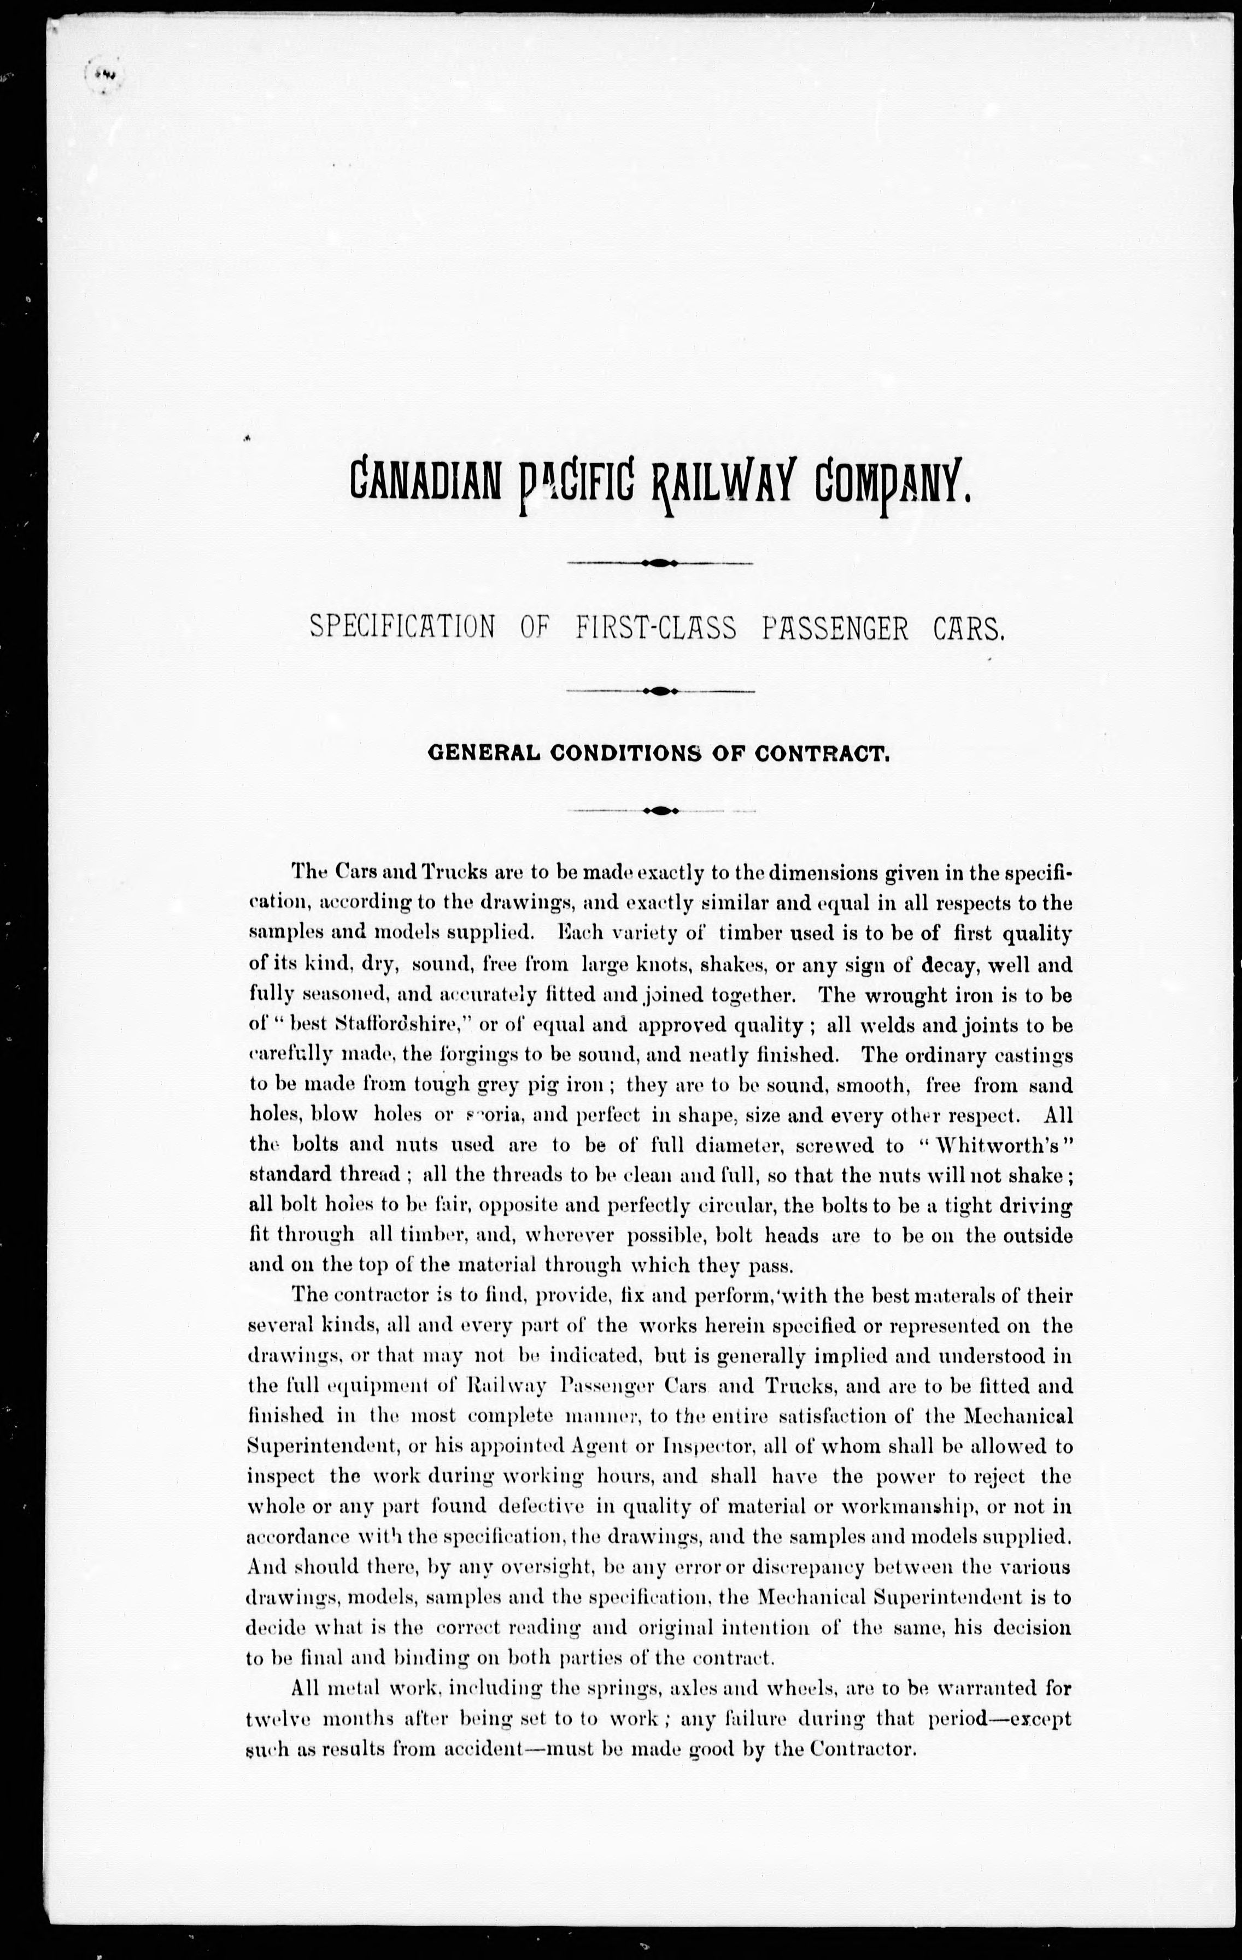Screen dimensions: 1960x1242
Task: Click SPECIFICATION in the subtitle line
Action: coord(403,628)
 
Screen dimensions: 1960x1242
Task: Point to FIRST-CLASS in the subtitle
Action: coord(656,628)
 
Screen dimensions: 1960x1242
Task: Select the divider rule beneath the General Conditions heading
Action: coord(661,810)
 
